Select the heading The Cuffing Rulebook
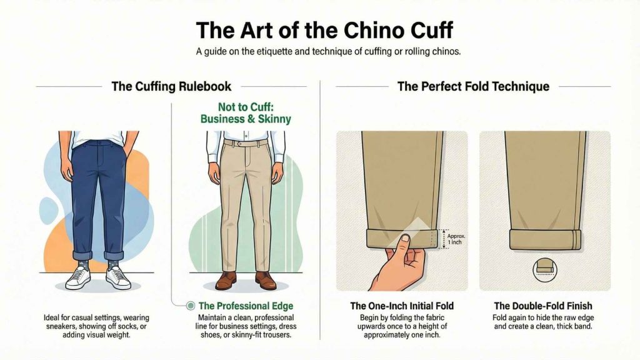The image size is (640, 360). (171, 86)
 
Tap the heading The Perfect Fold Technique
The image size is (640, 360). (473, 86)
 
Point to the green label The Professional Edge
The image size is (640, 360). (246, 306)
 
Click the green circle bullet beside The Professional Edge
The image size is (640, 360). (191, 306)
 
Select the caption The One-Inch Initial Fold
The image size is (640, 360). (401, 306)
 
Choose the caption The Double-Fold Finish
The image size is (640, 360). (543, 306)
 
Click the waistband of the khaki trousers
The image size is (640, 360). (246, 143)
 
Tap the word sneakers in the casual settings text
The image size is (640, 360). (55, 327)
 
